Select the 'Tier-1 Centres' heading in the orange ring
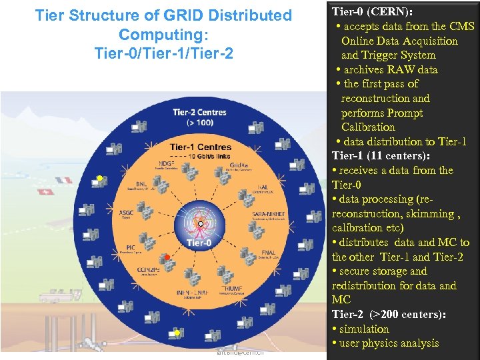pos(200,147)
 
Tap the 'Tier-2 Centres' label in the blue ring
pos(199,112)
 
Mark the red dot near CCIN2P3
pos(168,257)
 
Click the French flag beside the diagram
pos(64,180)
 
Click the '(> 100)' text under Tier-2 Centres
pos(199,123)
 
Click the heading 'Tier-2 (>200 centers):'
pos(389,315)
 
